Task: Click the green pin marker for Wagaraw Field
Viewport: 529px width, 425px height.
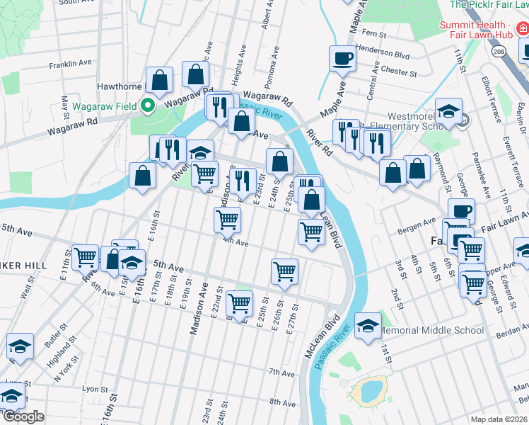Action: coord(148,107)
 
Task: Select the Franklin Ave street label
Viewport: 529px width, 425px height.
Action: coord(71,64)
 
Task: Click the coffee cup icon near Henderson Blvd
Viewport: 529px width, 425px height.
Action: coord(344,59)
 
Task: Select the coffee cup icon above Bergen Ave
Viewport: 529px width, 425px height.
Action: coord(461,210)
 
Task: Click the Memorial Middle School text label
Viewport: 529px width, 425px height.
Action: coord(431,330)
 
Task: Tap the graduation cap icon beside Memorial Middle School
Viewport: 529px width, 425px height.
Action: coord(367,326)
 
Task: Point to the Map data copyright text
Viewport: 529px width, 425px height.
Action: coord(499,419)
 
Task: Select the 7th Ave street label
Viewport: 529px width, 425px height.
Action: coord(281,373)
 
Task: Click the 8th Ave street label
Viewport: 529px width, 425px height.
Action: coord(282,402)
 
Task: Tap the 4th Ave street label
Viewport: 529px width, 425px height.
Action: coord(236,242)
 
